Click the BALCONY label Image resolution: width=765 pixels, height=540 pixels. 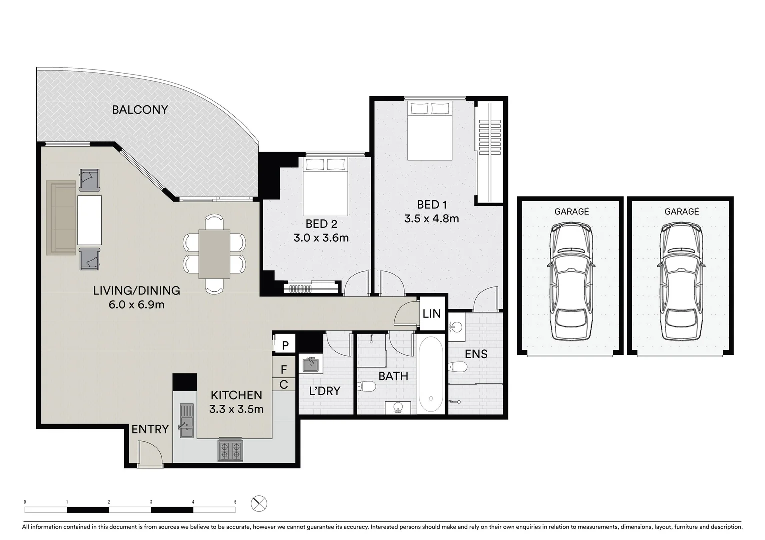coord(140,110)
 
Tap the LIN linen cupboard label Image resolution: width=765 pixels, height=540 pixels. coord(431,314)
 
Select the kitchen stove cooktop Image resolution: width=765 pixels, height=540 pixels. coord(230,450)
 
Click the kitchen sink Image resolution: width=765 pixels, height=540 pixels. coord(186,420)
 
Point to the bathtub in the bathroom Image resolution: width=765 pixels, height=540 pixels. coord(430,375)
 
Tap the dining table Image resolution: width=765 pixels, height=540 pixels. coord(214,254)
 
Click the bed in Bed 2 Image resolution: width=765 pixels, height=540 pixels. coord(325,186)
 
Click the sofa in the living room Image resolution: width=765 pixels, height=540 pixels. coord(61,218)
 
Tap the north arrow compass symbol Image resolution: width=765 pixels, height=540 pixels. coord(259,503)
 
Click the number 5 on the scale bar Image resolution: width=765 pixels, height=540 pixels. coord(235,502)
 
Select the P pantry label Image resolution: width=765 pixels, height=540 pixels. coord(285,345)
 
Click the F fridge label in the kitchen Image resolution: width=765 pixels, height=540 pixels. coord(284,370)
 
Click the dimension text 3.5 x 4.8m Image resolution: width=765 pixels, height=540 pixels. coord(431,218)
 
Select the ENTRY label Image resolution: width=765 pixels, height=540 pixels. coord(150,429)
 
